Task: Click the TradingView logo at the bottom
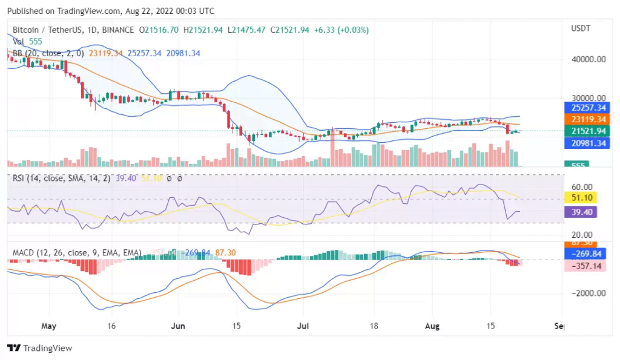coord(39,348)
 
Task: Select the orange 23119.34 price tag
coord(584,120)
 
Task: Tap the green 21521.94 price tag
coord(584,131)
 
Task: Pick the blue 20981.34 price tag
coord(584,143)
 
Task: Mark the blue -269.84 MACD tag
coord(584,254)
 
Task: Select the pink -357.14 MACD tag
coord(584,266)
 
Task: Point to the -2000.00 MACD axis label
coord(584,293)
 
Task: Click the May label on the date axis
coord(49,326)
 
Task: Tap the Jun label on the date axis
coord(179,326)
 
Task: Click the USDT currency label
coord(581,28)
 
